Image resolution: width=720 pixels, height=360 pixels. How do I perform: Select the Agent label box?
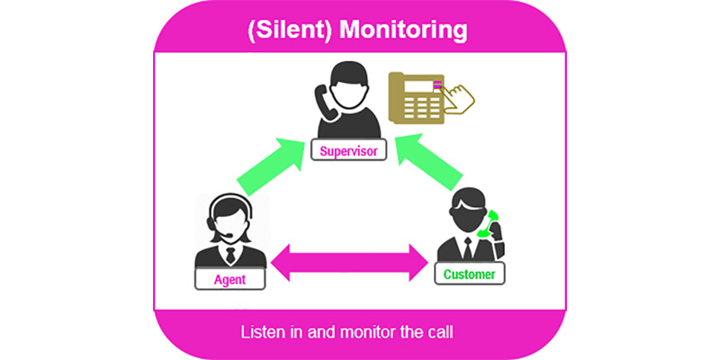[x=230, y=279]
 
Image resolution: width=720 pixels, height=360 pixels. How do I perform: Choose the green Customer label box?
[x=468, y=272]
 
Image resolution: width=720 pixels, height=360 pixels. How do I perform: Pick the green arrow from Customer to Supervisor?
[x=433, y=162]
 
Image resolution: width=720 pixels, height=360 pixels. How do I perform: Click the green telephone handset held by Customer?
[x=490, y=225]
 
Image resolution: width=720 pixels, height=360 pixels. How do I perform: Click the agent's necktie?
[x=230, y=256]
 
